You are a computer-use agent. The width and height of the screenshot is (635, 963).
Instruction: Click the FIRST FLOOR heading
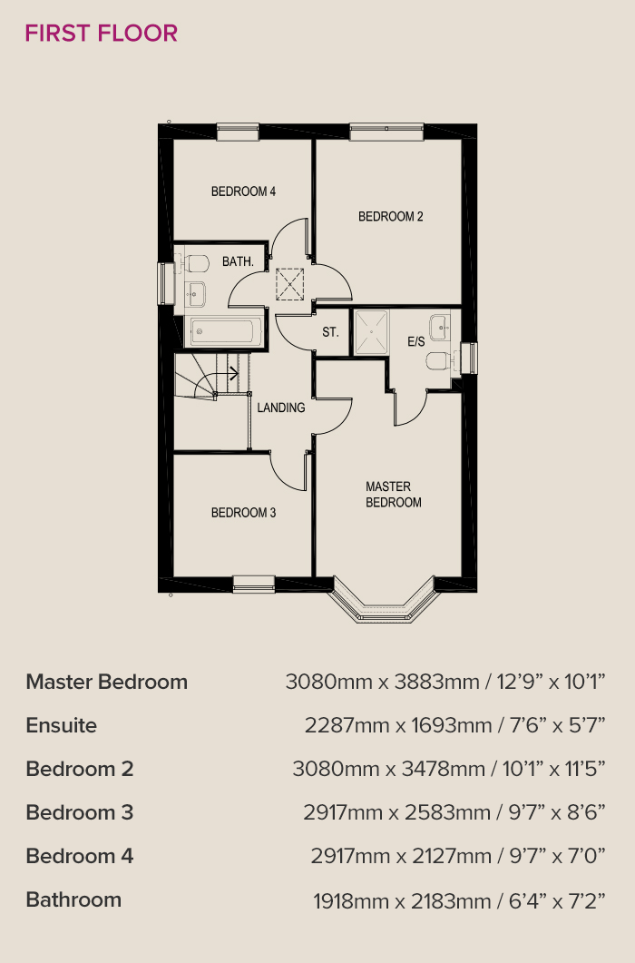click(x=102, y=34)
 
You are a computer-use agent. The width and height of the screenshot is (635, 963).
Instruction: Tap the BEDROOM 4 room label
click(x=243, y=192)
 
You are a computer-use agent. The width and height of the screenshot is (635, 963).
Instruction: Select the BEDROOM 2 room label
click(x=391, y=216)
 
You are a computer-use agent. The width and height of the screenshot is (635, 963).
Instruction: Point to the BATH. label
click(x=239, y=261)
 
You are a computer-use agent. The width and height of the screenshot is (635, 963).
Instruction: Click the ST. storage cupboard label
click(x=330, y=332)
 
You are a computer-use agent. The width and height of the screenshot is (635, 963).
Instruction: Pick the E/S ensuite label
click(x=416, y=341)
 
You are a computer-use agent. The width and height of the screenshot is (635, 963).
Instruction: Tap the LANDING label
click(x=280, y=408)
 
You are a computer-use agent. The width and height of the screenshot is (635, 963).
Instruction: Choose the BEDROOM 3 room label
click(x=243, y=512)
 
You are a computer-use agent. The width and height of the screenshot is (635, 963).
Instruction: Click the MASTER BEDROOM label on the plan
click(x=394, y=495)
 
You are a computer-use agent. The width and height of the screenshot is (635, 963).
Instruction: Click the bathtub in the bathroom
click(x=221, y=332)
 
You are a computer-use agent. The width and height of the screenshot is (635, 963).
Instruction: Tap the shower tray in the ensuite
click(x=371, y=331)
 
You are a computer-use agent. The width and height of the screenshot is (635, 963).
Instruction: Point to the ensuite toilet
click(x=438, y=360)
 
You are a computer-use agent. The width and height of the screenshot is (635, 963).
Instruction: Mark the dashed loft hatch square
click(x=290, y=284)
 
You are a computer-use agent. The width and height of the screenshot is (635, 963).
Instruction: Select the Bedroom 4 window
click(x=238, y=132)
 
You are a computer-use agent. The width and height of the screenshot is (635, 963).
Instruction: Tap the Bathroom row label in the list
click(x=73, y=899)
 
